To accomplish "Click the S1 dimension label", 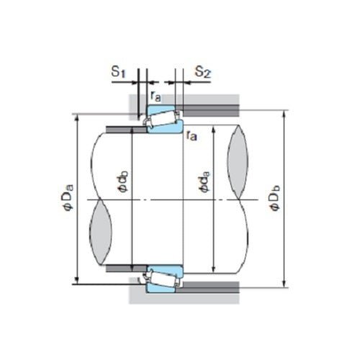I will coord(118,72).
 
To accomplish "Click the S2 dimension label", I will coord(202,72).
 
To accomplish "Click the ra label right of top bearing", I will coord(192,135).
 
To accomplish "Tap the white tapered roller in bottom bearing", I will coord(164,278).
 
